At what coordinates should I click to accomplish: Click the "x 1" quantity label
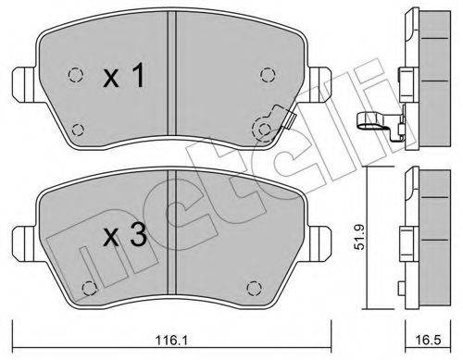122,79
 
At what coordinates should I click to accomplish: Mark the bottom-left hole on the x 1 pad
77,129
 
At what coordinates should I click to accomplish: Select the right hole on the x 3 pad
257,285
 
